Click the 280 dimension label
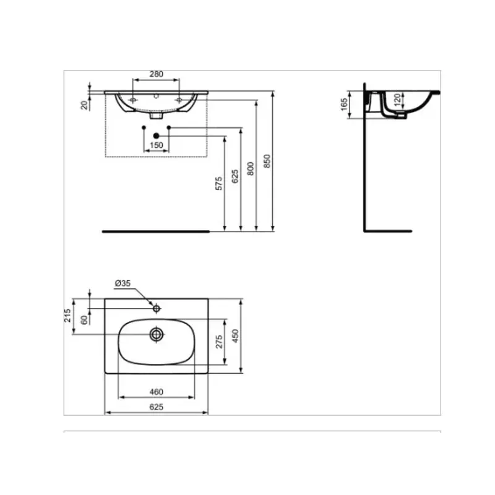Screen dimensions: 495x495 coord(157,74)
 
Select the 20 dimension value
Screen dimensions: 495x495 coord(85,104)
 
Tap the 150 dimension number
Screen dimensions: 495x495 coord(157,145)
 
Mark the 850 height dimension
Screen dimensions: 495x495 coord(267,161)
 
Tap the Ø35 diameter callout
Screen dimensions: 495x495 coord(122,284)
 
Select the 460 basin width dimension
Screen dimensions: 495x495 coord(156,392)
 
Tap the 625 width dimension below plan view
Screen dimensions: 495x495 coord(156,407)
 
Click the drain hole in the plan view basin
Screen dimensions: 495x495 coord(157,334)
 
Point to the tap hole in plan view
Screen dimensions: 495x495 coord(157,308)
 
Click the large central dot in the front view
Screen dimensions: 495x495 coord(156,135)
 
